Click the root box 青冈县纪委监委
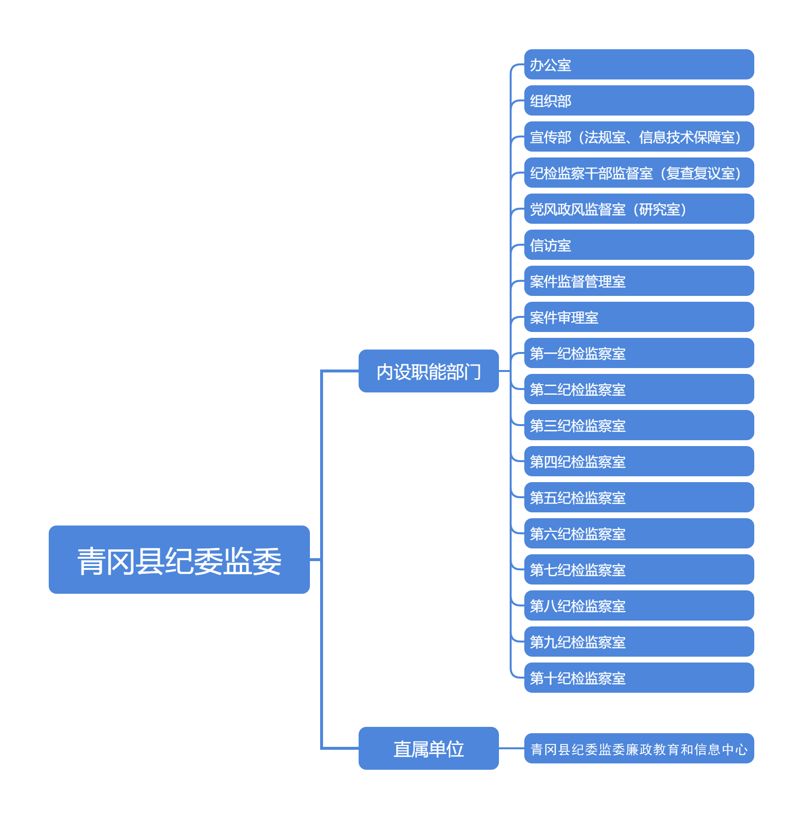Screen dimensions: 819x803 [179, 559]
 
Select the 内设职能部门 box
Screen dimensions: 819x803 [428, 371]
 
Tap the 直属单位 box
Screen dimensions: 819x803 [428, 748]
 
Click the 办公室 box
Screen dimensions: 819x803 [638, 64]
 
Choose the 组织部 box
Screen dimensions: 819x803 [638, 100]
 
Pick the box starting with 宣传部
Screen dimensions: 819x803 [638, 136]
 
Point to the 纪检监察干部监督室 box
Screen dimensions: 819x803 [638, 173]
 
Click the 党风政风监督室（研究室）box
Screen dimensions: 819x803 [638, 209]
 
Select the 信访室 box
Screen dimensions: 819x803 [638, 245]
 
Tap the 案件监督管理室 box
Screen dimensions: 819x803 [638, 281]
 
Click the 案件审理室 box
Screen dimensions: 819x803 [638, 317]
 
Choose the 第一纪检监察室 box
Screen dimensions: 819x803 [638, 353]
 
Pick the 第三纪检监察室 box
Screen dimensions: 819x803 [638, 425]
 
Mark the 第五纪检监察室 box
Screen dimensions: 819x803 [638, 497]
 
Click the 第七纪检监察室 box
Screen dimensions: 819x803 [638, 569]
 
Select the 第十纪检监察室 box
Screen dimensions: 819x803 [638, 678]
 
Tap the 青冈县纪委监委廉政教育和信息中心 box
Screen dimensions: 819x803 [638, 748]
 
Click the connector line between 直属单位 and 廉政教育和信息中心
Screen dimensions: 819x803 [512, 748]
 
